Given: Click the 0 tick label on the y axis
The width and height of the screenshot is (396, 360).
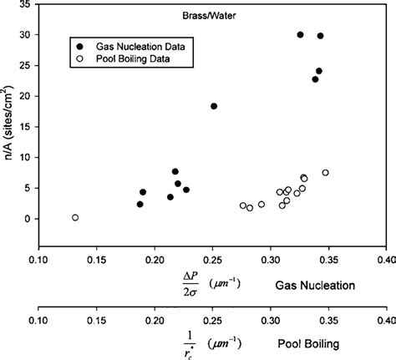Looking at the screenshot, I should tap(28, 219).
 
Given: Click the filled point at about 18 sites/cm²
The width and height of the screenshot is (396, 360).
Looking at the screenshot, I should tap(214, 106).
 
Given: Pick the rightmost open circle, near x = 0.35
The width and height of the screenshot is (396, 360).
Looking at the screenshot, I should tap(326, 173).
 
